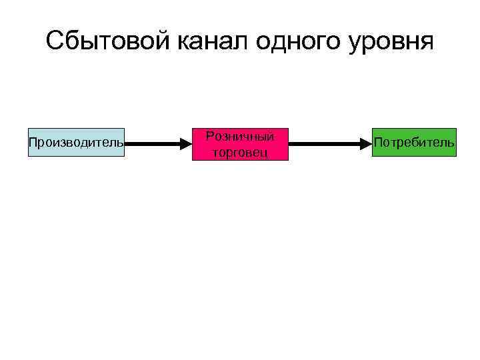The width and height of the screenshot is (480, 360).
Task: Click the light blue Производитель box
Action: [76, 142]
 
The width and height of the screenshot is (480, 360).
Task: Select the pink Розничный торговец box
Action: [240, 144]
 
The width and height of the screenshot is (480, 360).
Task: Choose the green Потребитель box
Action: [414, 142]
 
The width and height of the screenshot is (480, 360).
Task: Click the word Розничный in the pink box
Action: [240, 136]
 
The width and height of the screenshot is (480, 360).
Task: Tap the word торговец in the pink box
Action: [240, 152]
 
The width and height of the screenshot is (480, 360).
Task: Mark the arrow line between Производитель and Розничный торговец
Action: [153, 143]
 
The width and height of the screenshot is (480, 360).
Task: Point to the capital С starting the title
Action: [55, 41]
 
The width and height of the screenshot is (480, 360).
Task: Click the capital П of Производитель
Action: [32, 142]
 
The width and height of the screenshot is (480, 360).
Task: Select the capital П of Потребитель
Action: [378, 142]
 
